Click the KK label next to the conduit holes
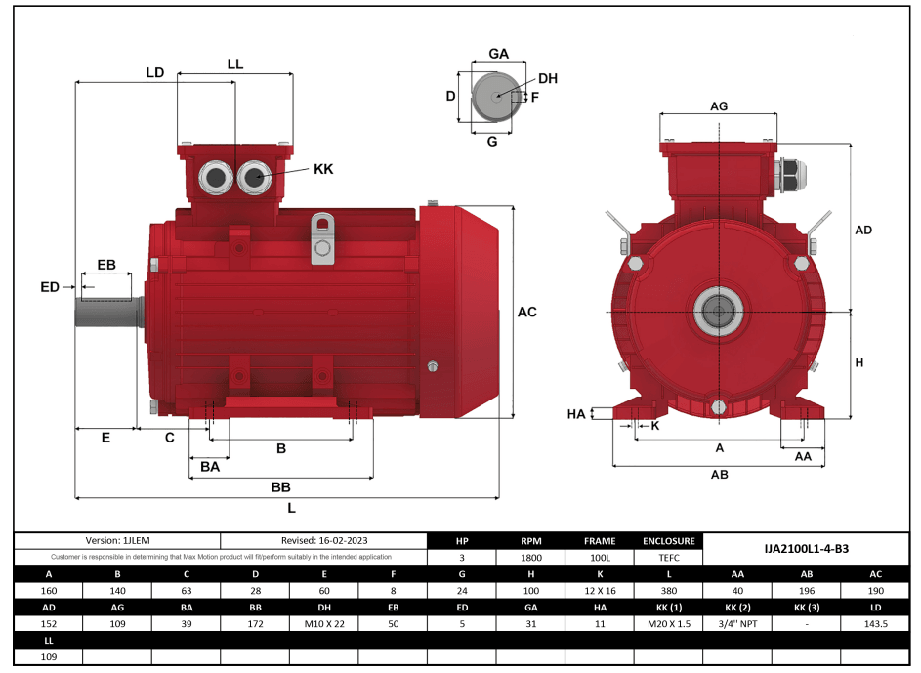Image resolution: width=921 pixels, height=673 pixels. coord(323,169)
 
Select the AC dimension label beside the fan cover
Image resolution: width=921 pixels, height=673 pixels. coord(526,313)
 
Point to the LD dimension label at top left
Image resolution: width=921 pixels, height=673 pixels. coord(154,73)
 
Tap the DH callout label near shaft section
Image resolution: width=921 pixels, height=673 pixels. coord(548,78)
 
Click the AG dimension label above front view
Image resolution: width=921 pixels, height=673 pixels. coord(719,105)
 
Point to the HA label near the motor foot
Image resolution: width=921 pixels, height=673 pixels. coord(576,414)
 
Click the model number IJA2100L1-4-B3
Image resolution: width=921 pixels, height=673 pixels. coord(806,549)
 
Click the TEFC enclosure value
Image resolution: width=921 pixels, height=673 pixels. coord(668,558)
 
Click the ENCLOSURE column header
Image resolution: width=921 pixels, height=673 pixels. coord(668,540)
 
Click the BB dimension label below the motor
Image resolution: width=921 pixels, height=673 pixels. coord(280,486)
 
